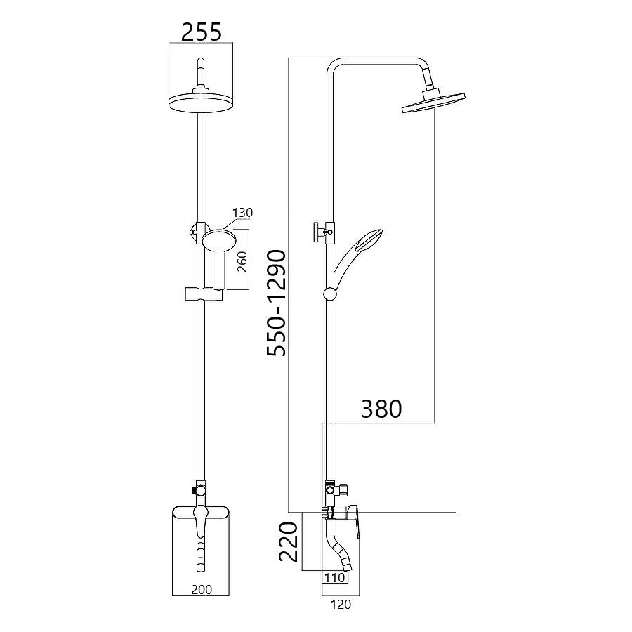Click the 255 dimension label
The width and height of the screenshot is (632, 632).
[201, 32]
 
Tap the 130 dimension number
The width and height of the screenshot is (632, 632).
[243, 212]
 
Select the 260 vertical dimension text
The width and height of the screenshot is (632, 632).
[242, 261]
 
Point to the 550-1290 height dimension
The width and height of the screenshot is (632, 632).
[277, 303]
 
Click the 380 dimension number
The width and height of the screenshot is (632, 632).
[381, 409]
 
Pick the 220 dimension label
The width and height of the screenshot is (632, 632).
[289, 541]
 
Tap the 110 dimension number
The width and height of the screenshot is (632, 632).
[335, 578]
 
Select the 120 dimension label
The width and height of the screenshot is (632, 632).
[341, 604]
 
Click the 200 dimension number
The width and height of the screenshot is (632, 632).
[202, 589]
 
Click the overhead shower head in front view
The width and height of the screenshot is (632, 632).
[200, 101]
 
